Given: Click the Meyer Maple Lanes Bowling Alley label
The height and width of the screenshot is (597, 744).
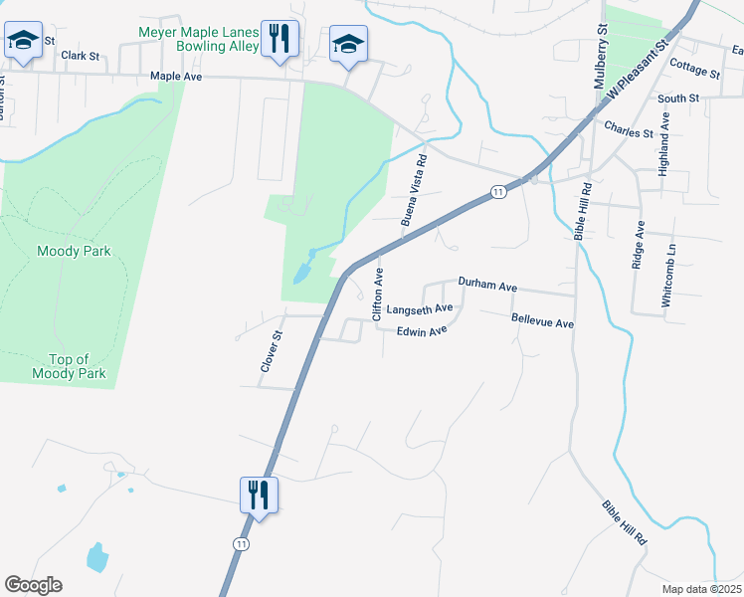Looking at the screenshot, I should tap(199, 39).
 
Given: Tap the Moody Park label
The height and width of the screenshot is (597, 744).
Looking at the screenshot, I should tap(74, 251).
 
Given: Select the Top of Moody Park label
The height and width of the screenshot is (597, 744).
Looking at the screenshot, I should tap(69, 366).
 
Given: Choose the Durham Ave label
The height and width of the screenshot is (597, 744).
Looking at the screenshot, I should tap(487, 285).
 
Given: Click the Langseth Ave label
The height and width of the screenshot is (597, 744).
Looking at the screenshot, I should tap(420, 309).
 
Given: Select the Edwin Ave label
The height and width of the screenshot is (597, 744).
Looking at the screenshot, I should tap(422, 331).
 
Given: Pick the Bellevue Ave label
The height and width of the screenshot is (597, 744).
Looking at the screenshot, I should tap(542, 322).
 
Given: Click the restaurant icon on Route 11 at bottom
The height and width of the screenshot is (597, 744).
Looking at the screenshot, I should tap(259, 495).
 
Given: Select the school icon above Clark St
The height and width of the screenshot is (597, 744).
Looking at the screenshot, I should tap(22, 42).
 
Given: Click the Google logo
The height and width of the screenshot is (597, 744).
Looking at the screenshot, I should tap(33, 584).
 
